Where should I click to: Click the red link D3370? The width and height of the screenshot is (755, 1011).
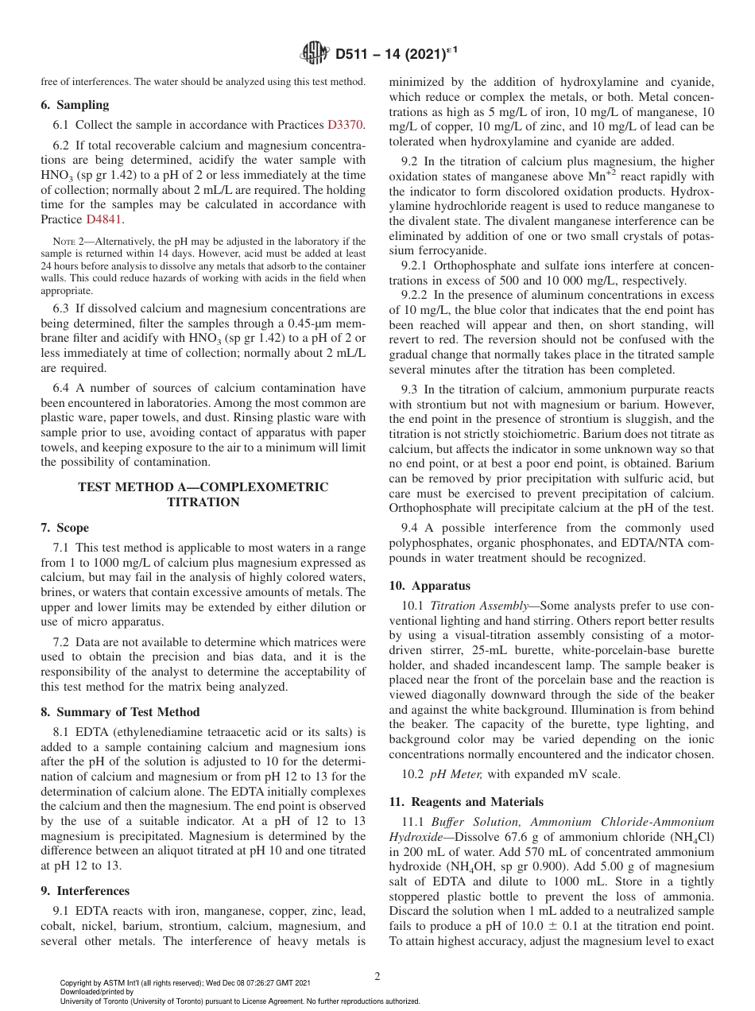[x=345, y=125]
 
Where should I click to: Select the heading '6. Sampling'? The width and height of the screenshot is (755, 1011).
[x=75, y=105]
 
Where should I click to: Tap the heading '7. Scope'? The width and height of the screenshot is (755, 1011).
[x=64, y=528]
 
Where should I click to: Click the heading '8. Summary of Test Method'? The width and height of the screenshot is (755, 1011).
[x=120, y=711]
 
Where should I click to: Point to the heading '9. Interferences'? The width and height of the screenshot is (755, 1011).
[x=85, y=891]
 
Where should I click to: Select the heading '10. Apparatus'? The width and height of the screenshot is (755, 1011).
[x=429, y=586]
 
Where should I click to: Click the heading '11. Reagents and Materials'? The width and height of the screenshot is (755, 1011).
[x=467, y=801]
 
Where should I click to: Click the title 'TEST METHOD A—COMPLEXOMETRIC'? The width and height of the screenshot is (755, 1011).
[x=203, y=487]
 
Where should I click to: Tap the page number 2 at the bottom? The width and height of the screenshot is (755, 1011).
[x=377, y=976]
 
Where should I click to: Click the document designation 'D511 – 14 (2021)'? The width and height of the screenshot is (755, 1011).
[x=392, y=54]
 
